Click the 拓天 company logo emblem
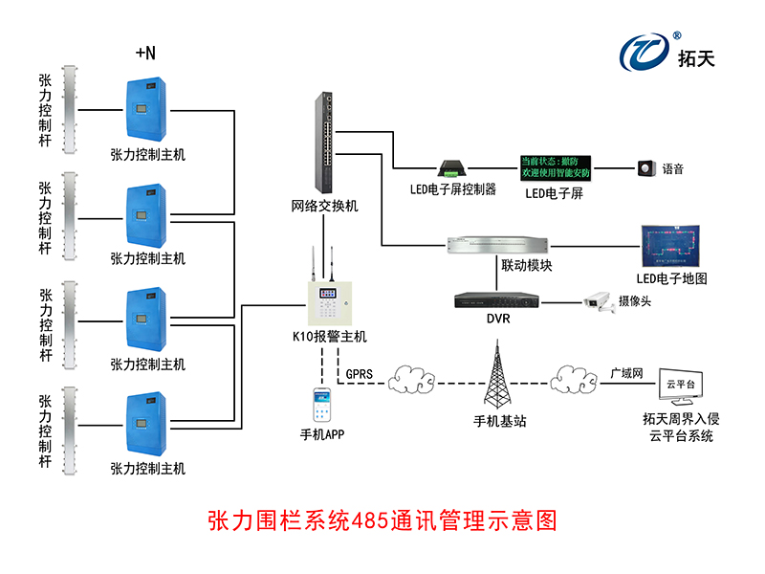(645, 53)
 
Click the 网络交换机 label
(325, 206)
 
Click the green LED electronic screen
(555, 167)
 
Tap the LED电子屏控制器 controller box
(452, 169)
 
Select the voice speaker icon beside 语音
(647, 169)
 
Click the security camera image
(598, 301)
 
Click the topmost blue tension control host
(148, 108)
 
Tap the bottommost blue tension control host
(148, 424)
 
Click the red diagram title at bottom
(382, 520)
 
